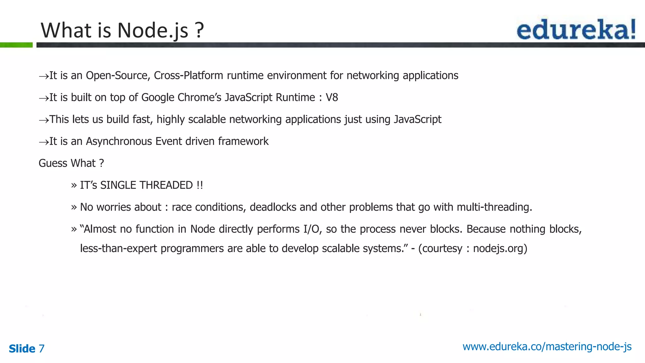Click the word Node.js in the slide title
[x=153, y=31]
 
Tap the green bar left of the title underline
[x=16, y=45]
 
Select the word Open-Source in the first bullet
[x=118, y=76]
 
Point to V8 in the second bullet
[x=332, y=98]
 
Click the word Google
[x=158, y=98]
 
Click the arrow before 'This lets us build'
[x=43, y=120]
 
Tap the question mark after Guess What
[x=101, y=163]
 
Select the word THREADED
[x=166, y=185]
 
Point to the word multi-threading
[x=494, y=207]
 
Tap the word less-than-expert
[x=118, y=249]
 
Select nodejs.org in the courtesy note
[x=500, y=249]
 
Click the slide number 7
[x=42, y=349]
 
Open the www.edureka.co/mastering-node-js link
[x=547, y=347]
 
